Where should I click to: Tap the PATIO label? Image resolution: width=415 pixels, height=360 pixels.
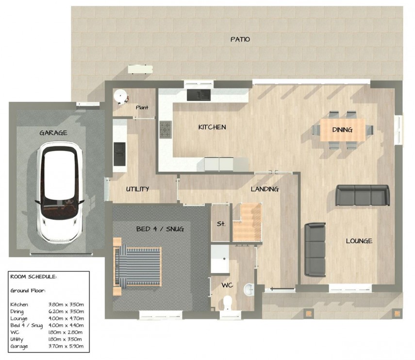(240, 39)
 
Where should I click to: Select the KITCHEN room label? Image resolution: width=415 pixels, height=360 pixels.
(212, 127)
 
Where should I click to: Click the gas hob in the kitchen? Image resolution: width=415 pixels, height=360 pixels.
(166, 129)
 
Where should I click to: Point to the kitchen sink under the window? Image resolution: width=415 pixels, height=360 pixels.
(198, 94)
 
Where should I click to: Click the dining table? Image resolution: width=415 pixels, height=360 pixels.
(342, 130)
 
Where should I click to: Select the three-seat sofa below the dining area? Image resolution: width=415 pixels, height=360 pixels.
(363, 195)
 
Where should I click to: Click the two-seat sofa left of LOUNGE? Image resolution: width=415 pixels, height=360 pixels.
(315, 249)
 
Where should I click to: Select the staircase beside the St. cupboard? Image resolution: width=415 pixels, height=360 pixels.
(247, 223)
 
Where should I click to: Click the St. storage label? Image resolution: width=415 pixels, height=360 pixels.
(221, 224)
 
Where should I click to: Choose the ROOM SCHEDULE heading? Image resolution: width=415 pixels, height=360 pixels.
(33, 276)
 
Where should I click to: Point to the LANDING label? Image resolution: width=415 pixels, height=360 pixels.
(265, 189)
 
